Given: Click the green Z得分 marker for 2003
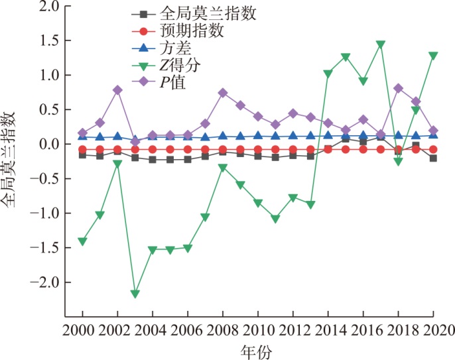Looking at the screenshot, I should coord(135,294).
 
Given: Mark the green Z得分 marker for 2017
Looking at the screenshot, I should coord(381,45).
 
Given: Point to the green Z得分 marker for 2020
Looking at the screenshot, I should coord(433,56).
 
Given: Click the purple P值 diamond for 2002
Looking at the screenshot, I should coord(117,90).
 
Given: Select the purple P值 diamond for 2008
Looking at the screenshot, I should coord(223,93).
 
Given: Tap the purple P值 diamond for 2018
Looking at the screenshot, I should coord(398,88).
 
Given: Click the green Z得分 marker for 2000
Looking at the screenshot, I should coord(83,241).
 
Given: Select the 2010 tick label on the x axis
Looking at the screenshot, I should coord(258,330).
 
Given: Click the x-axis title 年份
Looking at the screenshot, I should coord(258,349).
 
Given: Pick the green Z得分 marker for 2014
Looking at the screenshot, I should coord(328,74).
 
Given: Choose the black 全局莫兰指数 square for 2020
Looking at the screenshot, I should coord(433,158).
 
